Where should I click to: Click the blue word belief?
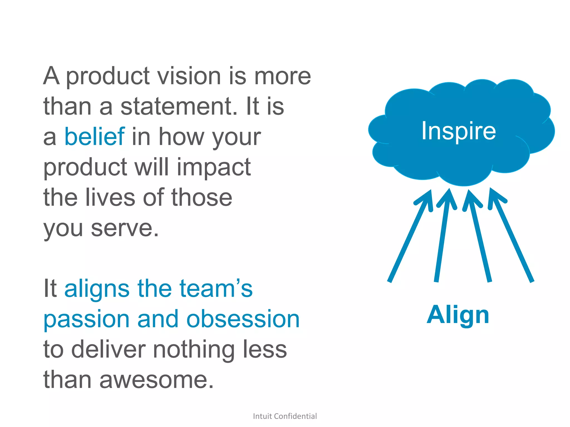pyautogui.click(x=95, y=136)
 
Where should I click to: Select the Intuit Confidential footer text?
pyautogui.click(x=285, y=416)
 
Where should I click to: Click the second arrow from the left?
pyautogui.click(x=443, y=236)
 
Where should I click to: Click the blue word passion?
pyautogui.click(x=87, y=320)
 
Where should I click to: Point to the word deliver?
pyautogui.click(x=109, y=350)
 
